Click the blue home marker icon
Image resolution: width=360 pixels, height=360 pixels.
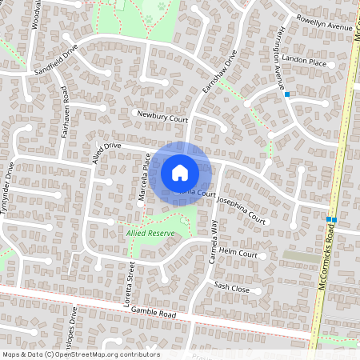180,172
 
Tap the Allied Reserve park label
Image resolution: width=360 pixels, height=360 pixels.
150,233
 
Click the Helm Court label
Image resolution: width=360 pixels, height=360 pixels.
236,254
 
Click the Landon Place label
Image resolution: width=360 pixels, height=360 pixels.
305,62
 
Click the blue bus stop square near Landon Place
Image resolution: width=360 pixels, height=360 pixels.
286,94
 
